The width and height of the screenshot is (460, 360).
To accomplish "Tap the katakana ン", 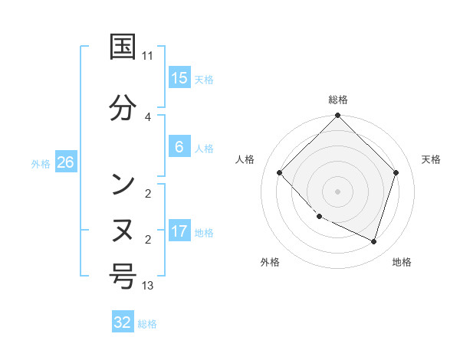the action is (123, 185).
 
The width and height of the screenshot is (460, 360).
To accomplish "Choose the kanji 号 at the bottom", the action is (123, 277).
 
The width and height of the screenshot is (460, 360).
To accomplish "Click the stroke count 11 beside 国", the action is (148, 55).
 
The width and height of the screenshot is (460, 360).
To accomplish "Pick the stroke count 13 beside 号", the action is (148, 286).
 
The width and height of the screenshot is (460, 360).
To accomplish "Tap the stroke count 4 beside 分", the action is (148, 116).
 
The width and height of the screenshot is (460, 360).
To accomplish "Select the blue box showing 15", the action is (179, 78).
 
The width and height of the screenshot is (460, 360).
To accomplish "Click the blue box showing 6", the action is (179, 147).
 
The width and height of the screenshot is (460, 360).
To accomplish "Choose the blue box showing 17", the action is (179, 231).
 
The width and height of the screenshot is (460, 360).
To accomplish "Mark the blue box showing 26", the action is (65, 162).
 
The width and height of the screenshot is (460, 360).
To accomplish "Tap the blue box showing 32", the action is (123, 322).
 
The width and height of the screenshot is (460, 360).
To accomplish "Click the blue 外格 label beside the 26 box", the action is (41, 163).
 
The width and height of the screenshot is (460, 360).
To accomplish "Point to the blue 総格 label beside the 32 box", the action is (147, 323).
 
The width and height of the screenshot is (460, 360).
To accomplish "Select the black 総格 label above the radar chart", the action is (338, 100).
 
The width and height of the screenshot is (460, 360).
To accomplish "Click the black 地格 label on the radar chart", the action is (402, 262).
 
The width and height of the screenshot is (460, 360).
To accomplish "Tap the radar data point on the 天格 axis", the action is (396, 172).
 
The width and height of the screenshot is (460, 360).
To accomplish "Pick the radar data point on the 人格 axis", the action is (280, 172).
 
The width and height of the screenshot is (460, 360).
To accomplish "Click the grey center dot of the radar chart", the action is (338, 191).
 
